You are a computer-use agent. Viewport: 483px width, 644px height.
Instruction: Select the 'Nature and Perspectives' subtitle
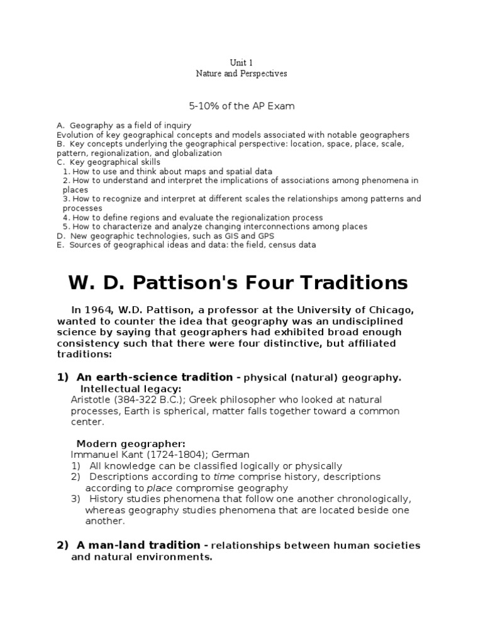pyautogui.click(x=241, y=74)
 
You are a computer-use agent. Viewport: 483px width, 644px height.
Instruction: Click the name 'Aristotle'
pyautogui.click(x=92, y=400)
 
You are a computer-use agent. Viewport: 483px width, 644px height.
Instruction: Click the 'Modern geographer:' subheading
pyautogui.click(x=131, y=443)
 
